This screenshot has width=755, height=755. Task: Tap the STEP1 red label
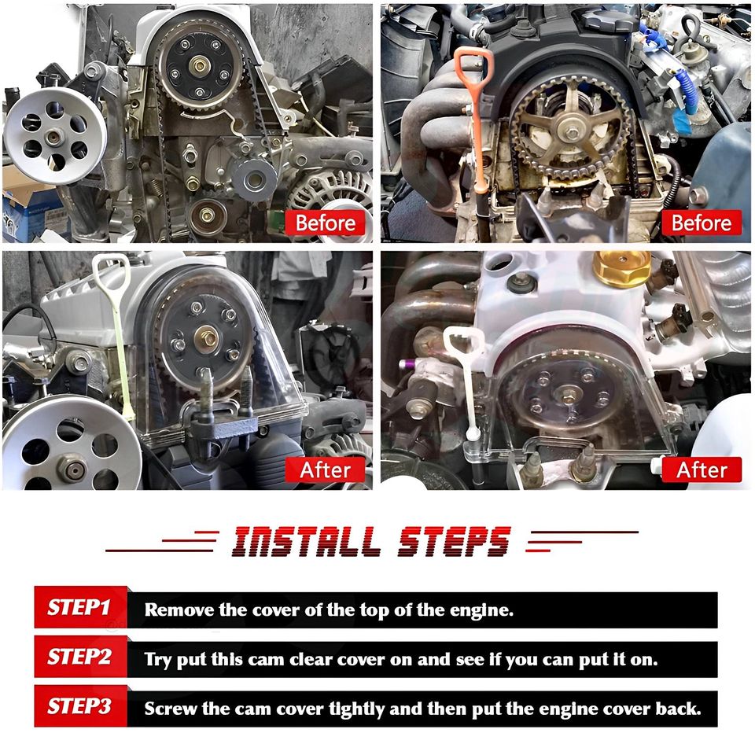(80, 607)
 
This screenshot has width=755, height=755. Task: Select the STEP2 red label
(80, 657)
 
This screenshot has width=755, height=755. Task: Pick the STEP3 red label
(80, 706)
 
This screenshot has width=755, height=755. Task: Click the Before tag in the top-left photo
(325, 223)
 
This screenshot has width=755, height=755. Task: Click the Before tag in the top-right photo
(702, 223)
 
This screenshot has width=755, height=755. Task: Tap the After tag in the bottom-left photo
(325, 470)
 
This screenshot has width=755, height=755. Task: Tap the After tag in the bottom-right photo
(702, 470)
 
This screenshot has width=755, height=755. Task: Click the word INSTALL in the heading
(304, 542)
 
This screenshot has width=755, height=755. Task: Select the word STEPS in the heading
(454, 542)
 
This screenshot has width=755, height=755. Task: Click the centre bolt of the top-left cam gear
(199, 64)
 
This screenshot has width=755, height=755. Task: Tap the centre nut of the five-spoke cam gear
(572, 131)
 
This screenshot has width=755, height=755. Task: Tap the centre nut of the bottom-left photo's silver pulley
(72, 468)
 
